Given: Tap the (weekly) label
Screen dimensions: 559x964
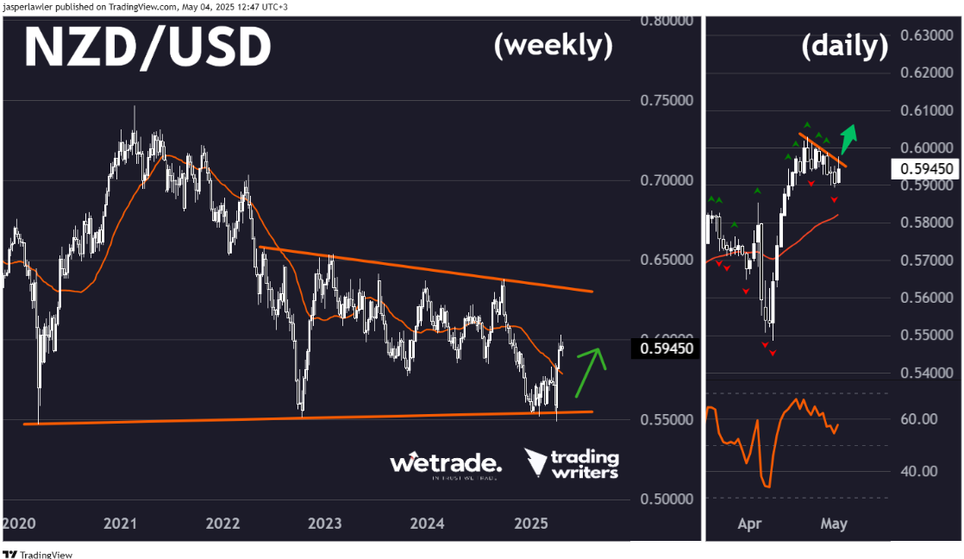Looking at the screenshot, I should click(x=553, y=46).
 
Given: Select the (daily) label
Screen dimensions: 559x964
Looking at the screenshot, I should click(x=844, y=46).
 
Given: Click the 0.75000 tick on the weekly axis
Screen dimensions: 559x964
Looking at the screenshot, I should click(x=667, y=100).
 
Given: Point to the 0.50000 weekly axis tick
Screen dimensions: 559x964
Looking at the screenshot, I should click(x=667, y=499).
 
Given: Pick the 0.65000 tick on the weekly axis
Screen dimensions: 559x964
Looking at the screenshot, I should click(x=667, y=260).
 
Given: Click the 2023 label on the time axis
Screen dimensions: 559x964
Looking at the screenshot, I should click(x=325, y=524).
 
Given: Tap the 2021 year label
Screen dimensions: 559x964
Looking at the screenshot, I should click(x=121, y=524).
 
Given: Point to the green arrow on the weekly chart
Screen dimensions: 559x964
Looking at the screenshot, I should click(x=592, y=369).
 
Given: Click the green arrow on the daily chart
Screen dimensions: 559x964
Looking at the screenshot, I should click(x=849, y=137).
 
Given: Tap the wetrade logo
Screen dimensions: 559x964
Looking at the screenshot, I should click(x=445, y=464).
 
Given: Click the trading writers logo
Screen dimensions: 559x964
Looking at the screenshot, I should click(x=573, y=464).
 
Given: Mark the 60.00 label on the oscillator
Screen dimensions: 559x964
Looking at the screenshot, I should click(x=918, y=419).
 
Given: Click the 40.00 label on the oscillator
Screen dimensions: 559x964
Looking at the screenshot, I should click(x=918, y=471).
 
